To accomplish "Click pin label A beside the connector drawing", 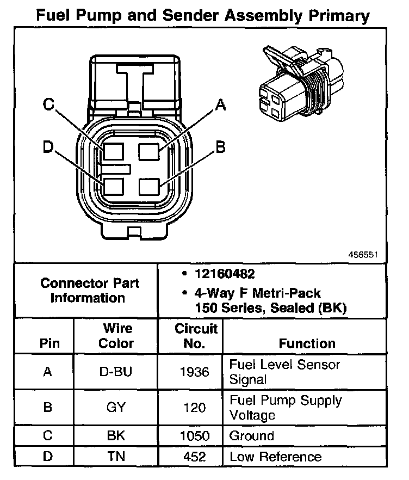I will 220,104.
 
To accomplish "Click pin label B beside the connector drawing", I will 220,147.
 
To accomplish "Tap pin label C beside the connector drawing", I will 49,104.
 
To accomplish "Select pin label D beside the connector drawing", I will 48,147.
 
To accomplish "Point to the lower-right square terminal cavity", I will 149,186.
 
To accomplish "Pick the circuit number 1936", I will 194,372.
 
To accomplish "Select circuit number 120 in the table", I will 194,408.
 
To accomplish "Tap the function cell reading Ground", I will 252,436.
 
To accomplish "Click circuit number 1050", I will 194,436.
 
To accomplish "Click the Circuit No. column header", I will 196,336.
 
